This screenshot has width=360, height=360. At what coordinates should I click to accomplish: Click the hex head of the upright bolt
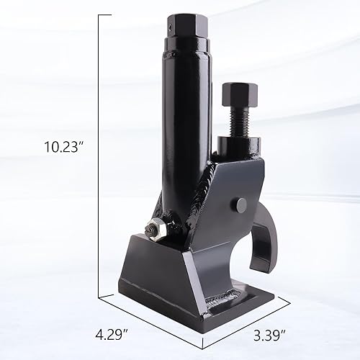236,93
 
